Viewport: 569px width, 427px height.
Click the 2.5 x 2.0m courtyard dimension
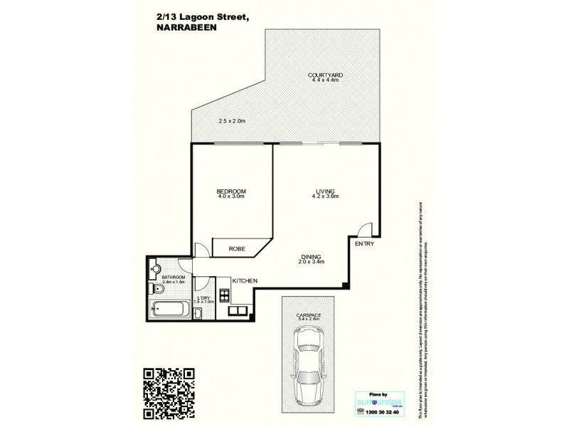(x=231, y=121)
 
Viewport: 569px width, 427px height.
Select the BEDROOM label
(x=231, y=191)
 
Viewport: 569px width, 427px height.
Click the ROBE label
(x=237, y=249)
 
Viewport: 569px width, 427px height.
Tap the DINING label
(x=312, y=257)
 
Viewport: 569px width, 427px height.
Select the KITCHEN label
(x=244, y=281)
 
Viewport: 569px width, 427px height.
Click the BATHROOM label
(x=174, y=277)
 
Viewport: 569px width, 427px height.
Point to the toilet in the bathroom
(x=157, y=289)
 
